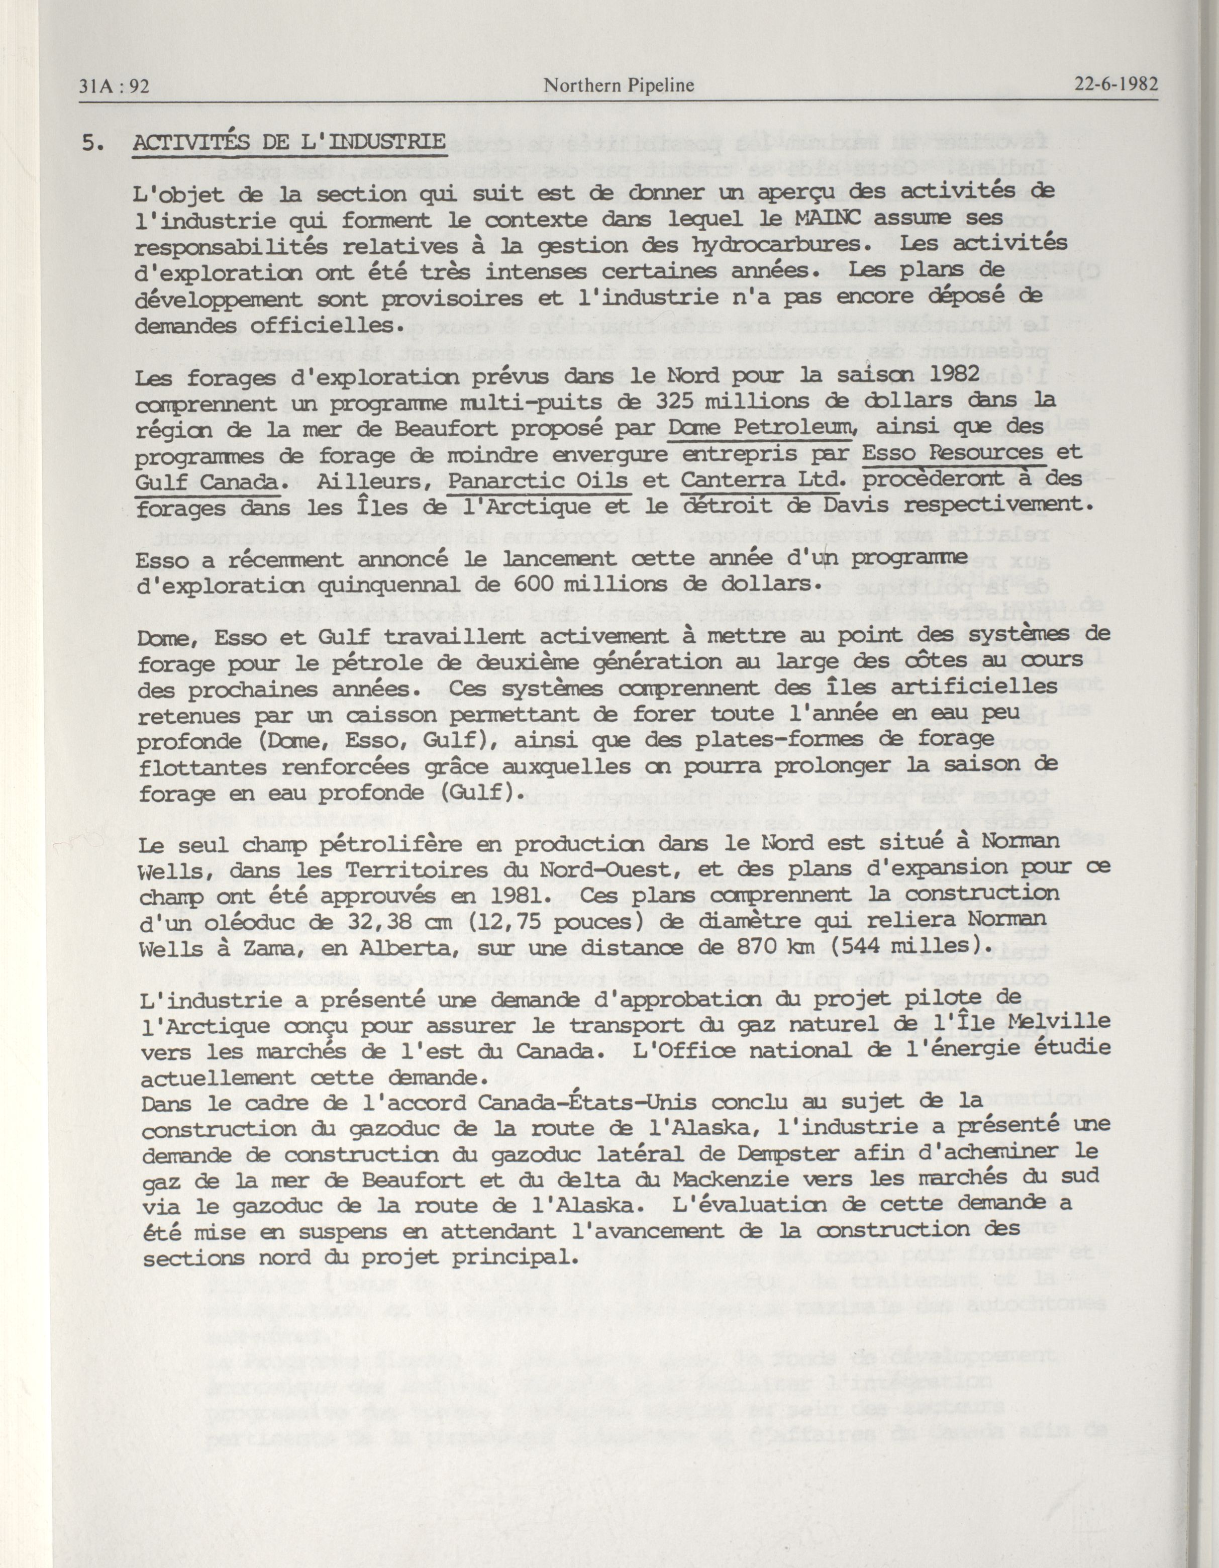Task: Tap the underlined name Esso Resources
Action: [x=952, y=453]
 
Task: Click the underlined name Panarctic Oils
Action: [x=539, y=480]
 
